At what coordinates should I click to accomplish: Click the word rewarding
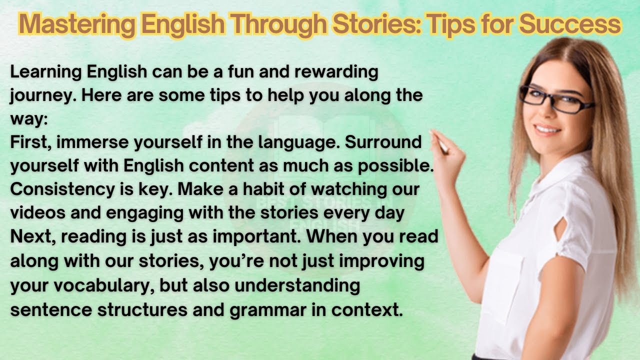click(336, 72)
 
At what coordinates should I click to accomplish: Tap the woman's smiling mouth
click(547, 129)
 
